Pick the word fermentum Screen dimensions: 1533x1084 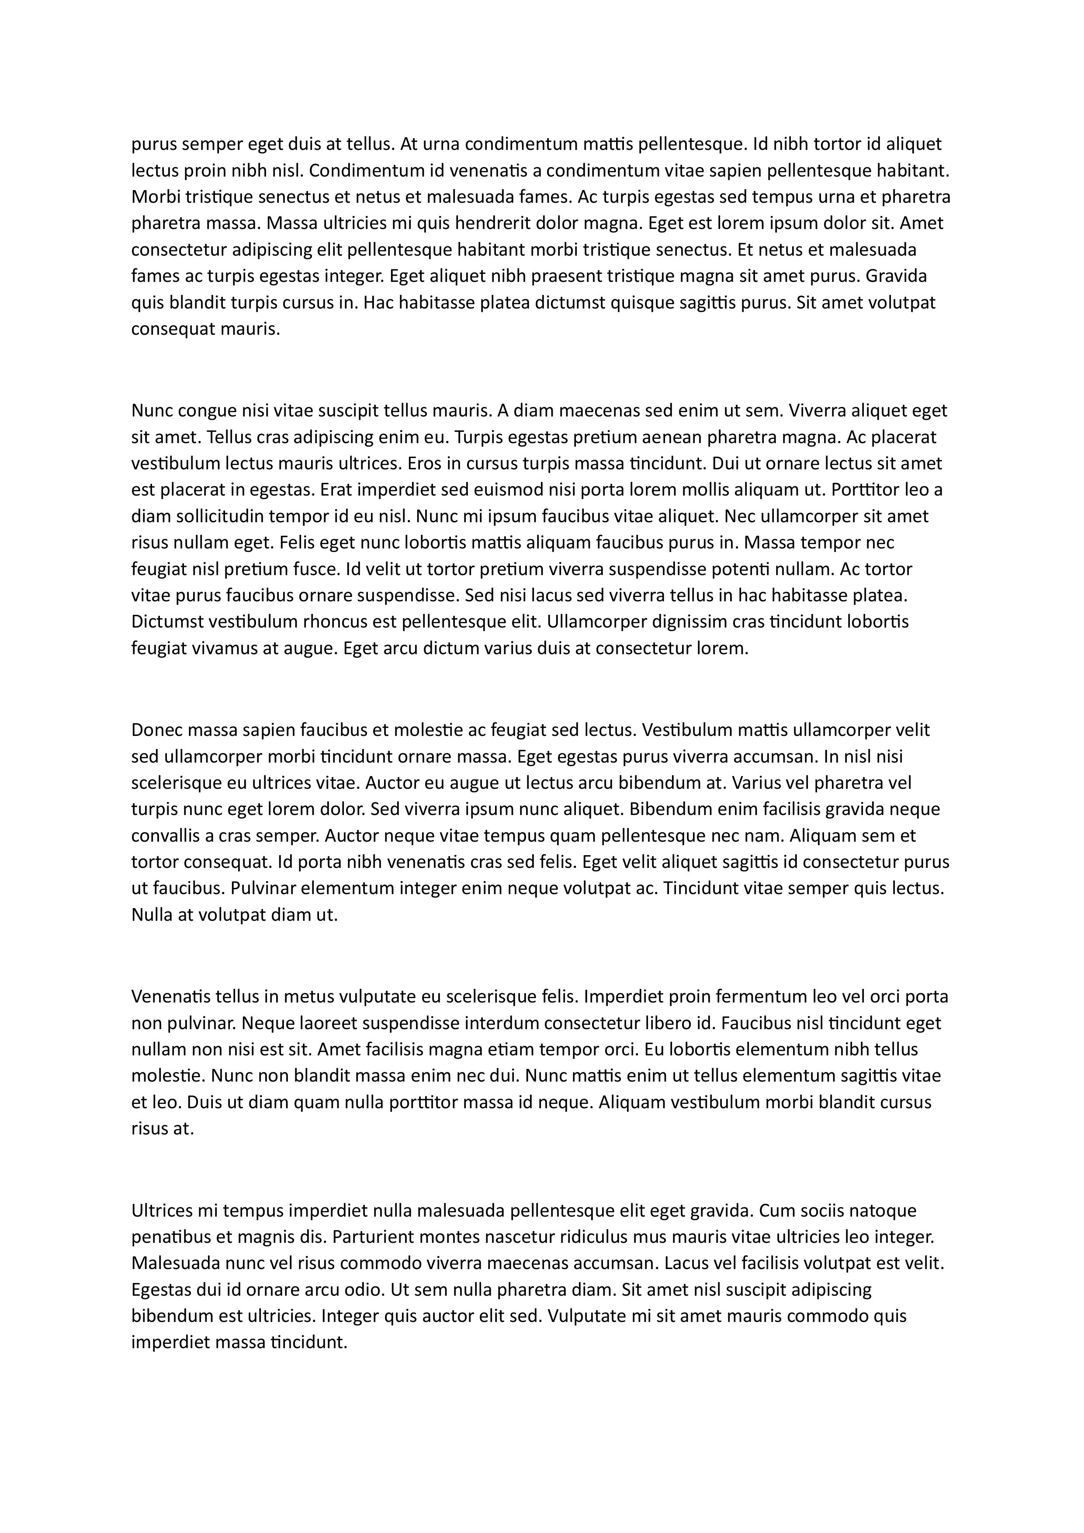748,997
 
